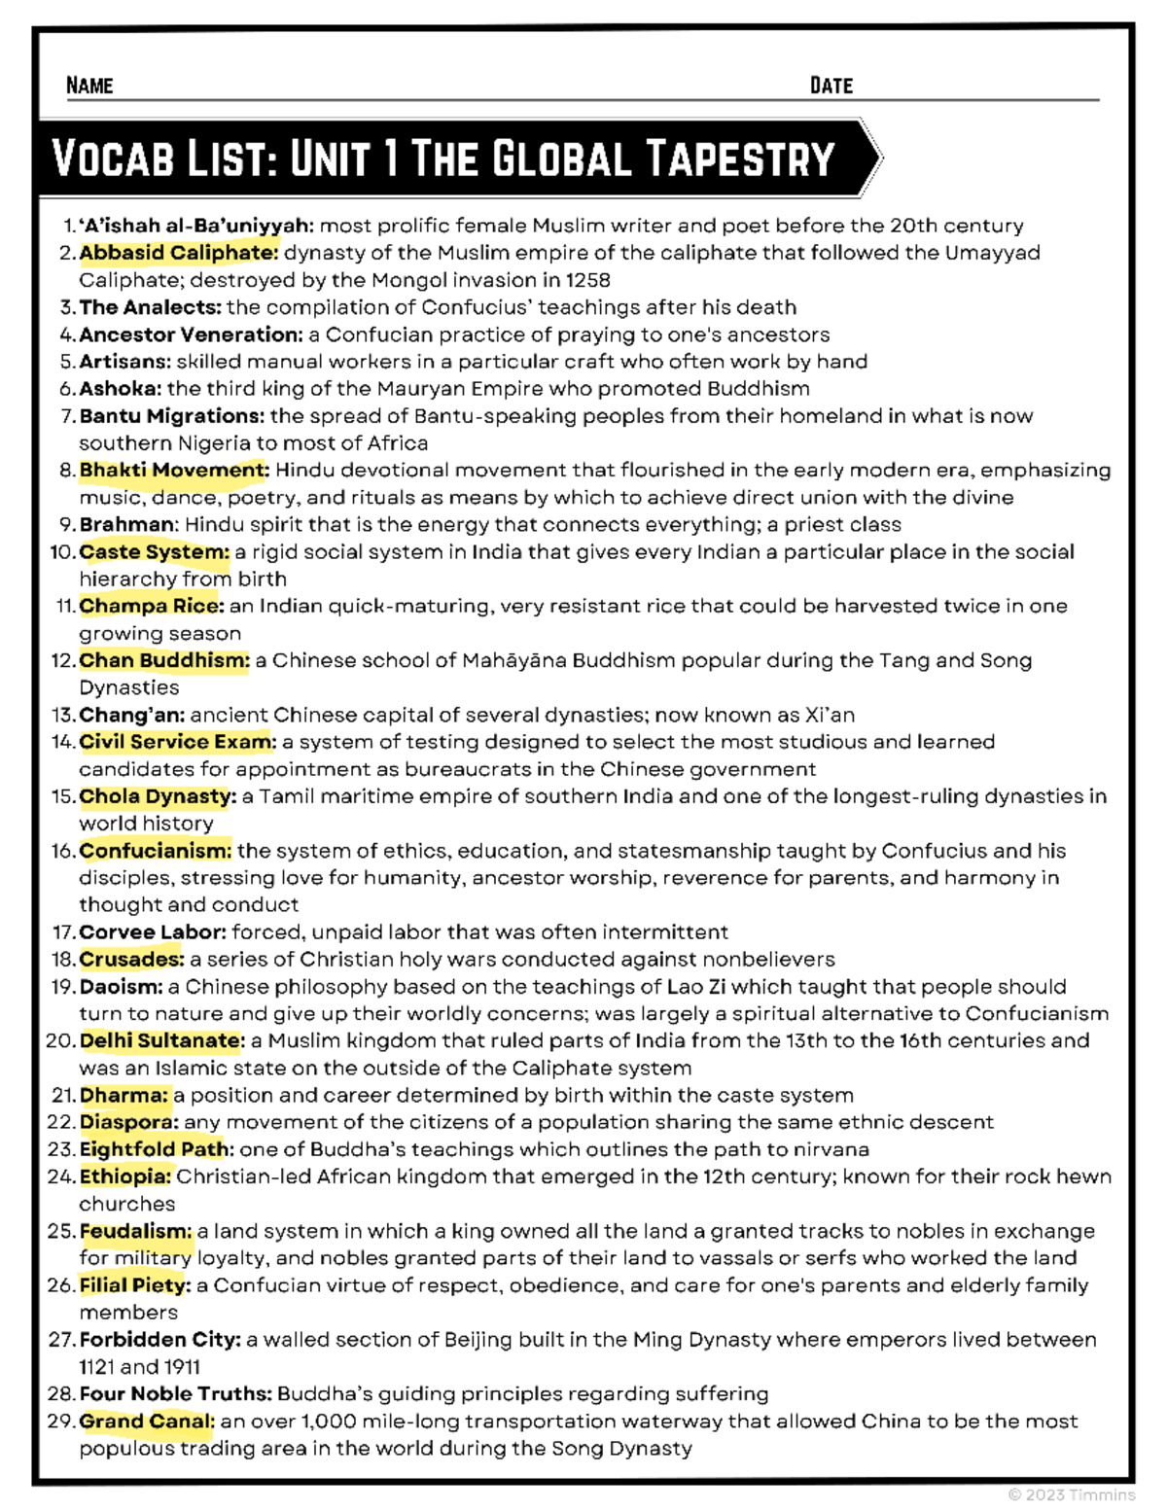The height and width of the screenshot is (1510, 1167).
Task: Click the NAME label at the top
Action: pyautogui.click(x=89, y=86)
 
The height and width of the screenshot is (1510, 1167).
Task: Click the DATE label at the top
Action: pyautogui.click(x=831, y=86)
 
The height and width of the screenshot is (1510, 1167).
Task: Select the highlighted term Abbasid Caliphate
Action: pyautogui.click(x=178, y=253)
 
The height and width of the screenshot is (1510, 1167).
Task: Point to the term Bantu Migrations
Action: pyautogui.click(x=171, y=416)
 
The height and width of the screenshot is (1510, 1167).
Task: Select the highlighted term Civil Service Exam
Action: pyautogui.click(x=177, y=742)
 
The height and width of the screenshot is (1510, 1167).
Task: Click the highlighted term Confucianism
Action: pyautogui.click(x=156, y=851)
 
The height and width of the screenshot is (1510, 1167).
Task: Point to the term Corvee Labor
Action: pyautogui.click(x=153, y=932)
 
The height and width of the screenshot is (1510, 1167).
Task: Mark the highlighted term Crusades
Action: pyautogui.click(x=131, y=960)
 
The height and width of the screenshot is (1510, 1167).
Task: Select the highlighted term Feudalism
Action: pyautogui.click(x=135, y=1231)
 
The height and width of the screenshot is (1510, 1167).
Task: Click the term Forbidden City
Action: pyautogui.click(x=159, y=1340)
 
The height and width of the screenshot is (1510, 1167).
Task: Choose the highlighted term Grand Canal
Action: pyautogui.click(x=147, y=1422)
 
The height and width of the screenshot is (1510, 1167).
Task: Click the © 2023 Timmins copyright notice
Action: pyautogui.click(x=1071, y=1494)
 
